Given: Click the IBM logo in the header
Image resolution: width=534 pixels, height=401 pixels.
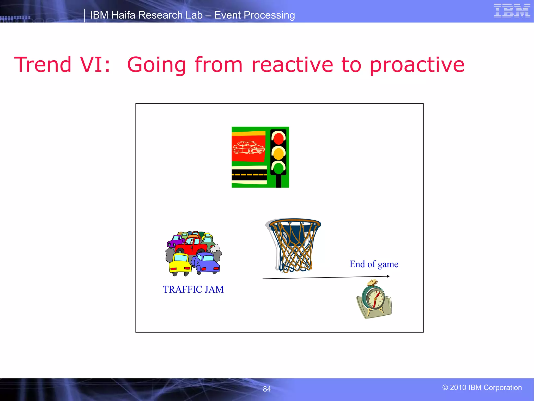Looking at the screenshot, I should (x=512, y=11).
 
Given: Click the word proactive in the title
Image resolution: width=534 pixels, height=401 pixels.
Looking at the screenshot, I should (x=417, y=65).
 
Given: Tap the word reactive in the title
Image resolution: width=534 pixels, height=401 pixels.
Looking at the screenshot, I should (x=292, y=65).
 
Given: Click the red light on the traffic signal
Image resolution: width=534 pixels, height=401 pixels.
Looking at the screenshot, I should (x=278, y=138).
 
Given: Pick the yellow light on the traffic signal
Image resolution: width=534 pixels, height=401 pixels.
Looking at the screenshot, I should (x=278, y=154).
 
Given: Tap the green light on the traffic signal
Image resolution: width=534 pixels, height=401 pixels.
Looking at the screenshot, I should (x=278, y=168).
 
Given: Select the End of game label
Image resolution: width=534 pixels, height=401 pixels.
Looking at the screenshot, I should (x=374, y=264).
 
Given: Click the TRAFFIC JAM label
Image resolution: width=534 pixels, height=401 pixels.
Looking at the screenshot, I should (x=193, y=290).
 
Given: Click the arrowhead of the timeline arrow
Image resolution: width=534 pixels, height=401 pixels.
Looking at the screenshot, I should (x=388, y=276).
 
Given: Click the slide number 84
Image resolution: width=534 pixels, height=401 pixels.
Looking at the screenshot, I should (x=267, y=389).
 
